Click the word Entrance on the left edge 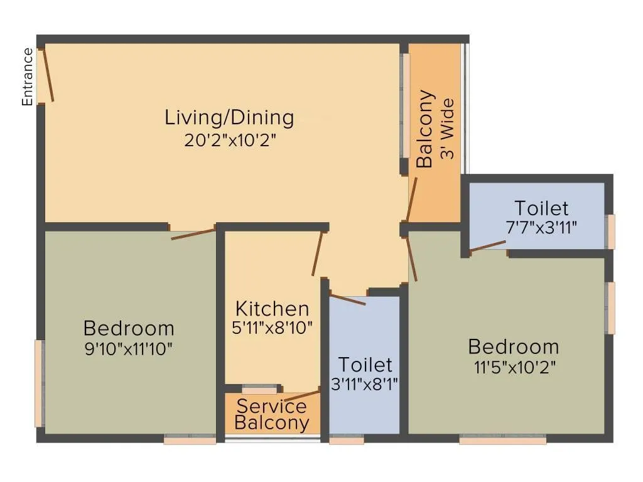(27, 77)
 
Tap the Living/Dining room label (229, 117)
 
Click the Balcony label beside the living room (425, 129)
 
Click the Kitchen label (272, 309)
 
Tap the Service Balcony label (272, 415)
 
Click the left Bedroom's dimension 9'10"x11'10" (129, 348)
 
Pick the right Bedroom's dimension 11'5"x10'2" (513, 367)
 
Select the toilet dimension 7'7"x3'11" (541, 228)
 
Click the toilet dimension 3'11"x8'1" (365, 383)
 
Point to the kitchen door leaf (317, 254)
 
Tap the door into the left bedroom (193, 234)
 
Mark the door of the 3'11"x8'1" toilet (347, 299)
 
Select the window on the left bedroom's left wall (39, 383)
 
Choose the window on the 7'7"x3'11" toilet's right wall (610, 232)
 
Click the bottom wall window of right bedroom (502, 440)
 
